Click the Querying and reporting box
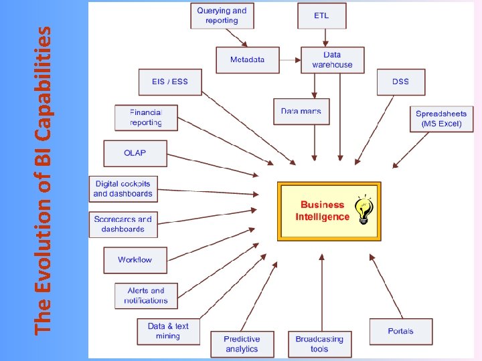pyautogui.click(x=222, y=15)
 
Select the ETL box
pyautogui.click(x=321, y=15)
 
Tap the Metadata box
pyautogui.click(x=247, y=59)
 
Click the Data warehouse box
pyautogui.click(x=332, y=59)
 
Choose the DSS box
pyautogui.click(x=400, y=82)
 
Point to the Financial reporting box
pyautogui.click(x=146, y=118)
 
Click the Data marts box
pyautogui.click(x=301, y=111)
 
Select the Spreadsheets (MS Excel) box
pyautogui.click(x=441, y=118)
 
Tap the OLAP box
pyautogui.click(x=135, y=153)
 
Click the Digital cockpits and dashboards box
pyautogui.click(x=123, y=189)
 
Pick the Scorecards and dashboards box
pyautogui.click(x=123, y=224)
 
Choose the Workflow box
pyautogui.click(x=135, y=259)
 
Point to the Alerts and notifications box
pyautogui.click(x=146, y=295)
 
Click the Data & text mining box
pyautogui.click(x=168, y=331)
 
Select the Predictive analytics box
pyautogui.click(x=242, y=344)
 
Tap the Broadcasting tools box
pyautogui.click(x=319, y=344)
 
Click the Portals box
pyautogui.click(x=400, y=331)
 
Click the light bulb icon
pyautogui.click(x=364, y=210)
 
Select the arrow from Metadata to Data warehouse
pyautogui.click(x=289, y=59)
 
